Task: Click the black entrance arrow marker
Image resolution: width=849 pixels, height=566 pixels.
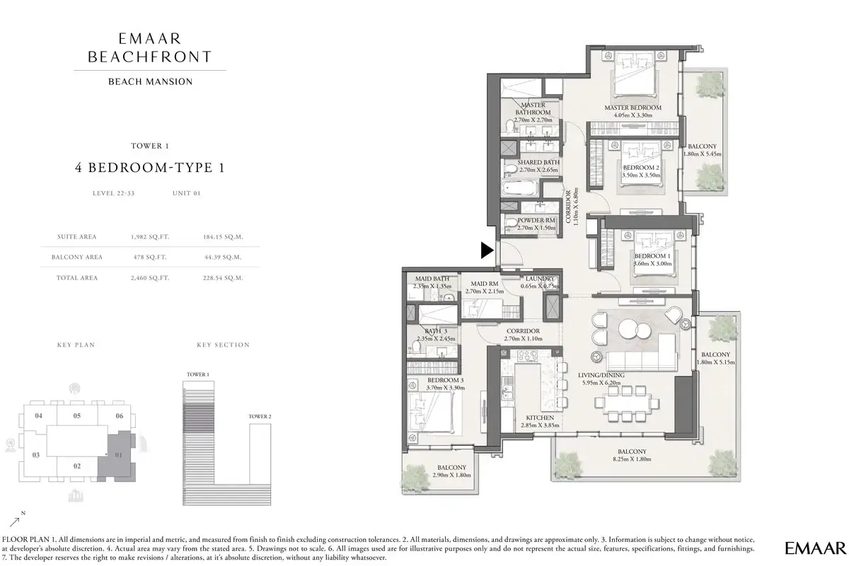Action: [487, 250]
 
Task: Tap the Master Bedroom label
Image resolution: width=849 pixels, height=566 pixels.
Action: [633, 108]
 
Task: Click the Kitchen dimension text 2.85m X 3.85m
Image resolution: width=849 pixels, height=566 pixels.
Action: [535, 426]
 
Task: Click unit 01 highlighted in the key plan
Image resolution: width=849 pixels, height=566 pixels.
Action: [118, 455]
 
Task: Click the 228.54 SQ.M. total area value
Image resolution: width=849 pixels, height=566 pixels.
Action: [223, 278]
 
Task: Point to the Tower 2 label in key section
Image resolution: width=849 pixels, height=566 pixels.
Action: [260, 417]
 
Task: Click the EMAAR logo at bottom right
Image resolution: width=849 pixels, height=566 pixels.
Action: [815, 547]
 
